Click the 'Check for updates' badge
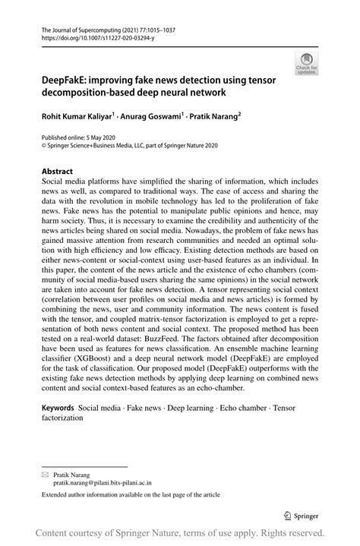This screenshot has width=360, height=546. pyautogui.click(x=307, y=65)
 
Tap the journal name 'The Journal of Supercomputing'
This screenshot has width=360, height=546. pyautogui.click(x=81, y=27)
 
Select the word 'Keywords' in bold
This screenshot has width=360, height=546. pyautogui.click(x=58, y=409)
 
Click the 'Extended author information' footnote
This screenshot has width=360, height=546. pyautogui.click(x=131, y=494)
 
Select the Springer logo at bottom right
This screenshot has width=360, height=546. pyautogui.click(x=303, y=515)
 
